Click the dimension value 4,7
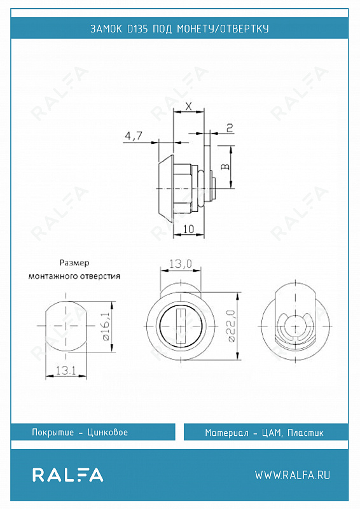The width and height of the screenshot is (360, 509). click(133, 136)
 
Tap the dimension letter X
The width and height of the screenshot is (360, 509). click(189, 106)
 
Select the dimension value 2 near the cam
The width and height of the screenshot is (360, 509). click(230, 128)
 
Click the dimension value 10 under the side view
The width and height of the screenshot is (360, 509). click(189, 229)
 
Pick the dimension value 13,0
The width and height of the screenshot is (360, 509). click(181, 264)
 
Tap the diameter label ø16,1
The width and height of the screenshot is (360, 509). click(106, 326)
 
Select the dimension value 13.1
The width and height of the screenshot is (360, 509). click(66, 370)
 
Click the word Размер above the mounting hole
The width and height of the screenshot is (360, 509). click(74, 263)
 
